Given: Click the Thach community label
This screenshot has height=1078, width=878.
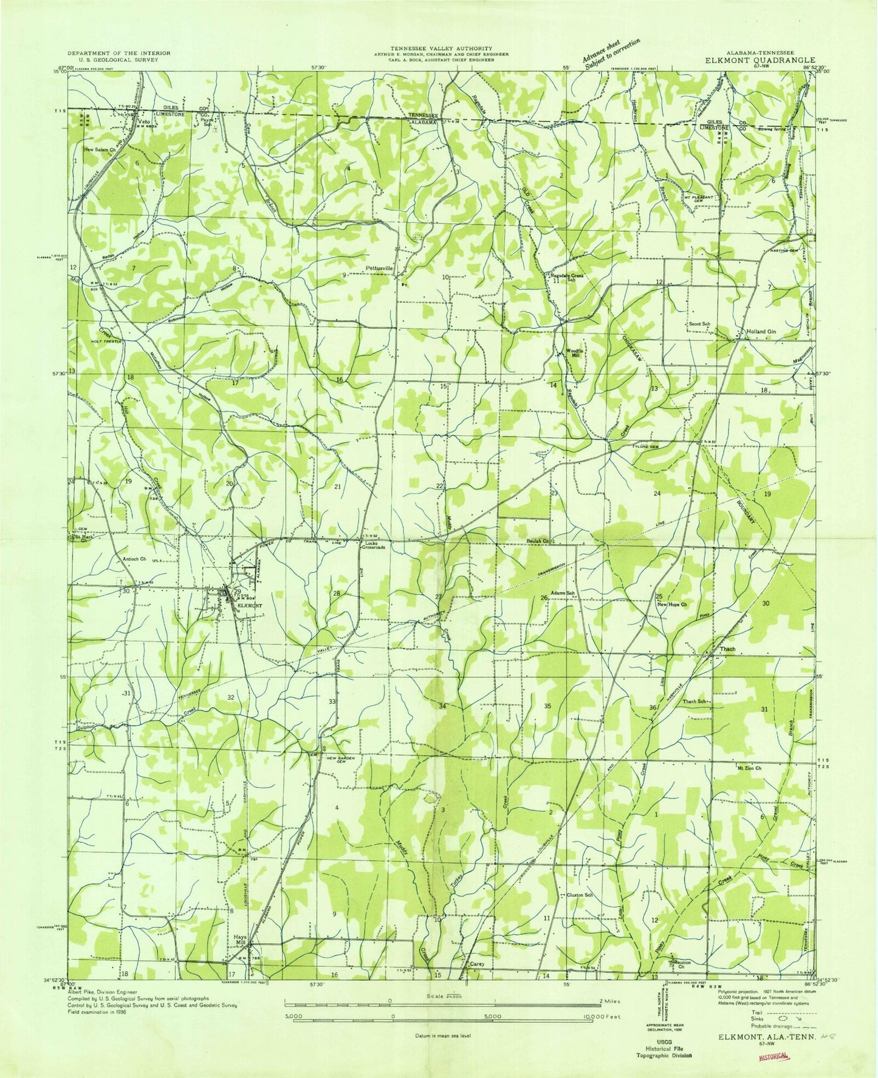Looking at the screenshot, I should pyautogui.click(x=727, y=649).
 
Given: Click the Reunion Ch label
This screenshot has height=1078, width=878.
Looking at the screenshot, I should pyautogui.click(x=680, y=965).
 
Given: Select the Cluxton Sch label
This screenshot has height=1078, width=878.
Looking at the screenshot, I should pyautogui.click(x=580, y=895).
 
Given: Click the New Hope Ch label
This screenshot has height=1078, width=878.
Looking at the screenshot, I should pyautogui.click(x=671, y=604).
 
